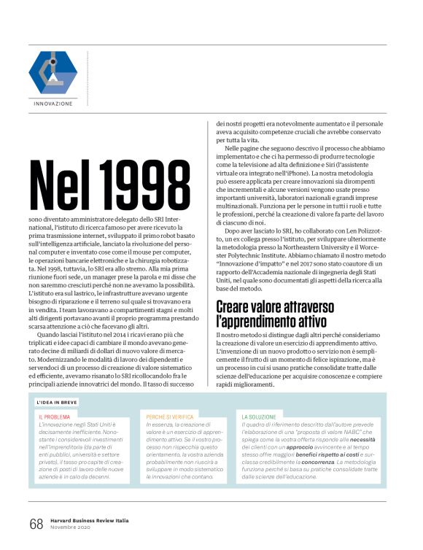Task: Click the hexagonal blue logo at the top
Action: pyautogui.click(x=53, y=71)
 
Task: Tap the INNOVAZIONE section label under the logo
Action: pyautogui.click(x=53, y=104)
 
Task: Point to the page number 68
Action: pyautogui.click(x=36, y=523)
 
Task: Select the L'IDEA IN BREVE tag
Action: pyautogui.click(x=57, y=402)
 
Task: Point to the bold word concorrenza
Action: pyautogui.click(x=319, y=462)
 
